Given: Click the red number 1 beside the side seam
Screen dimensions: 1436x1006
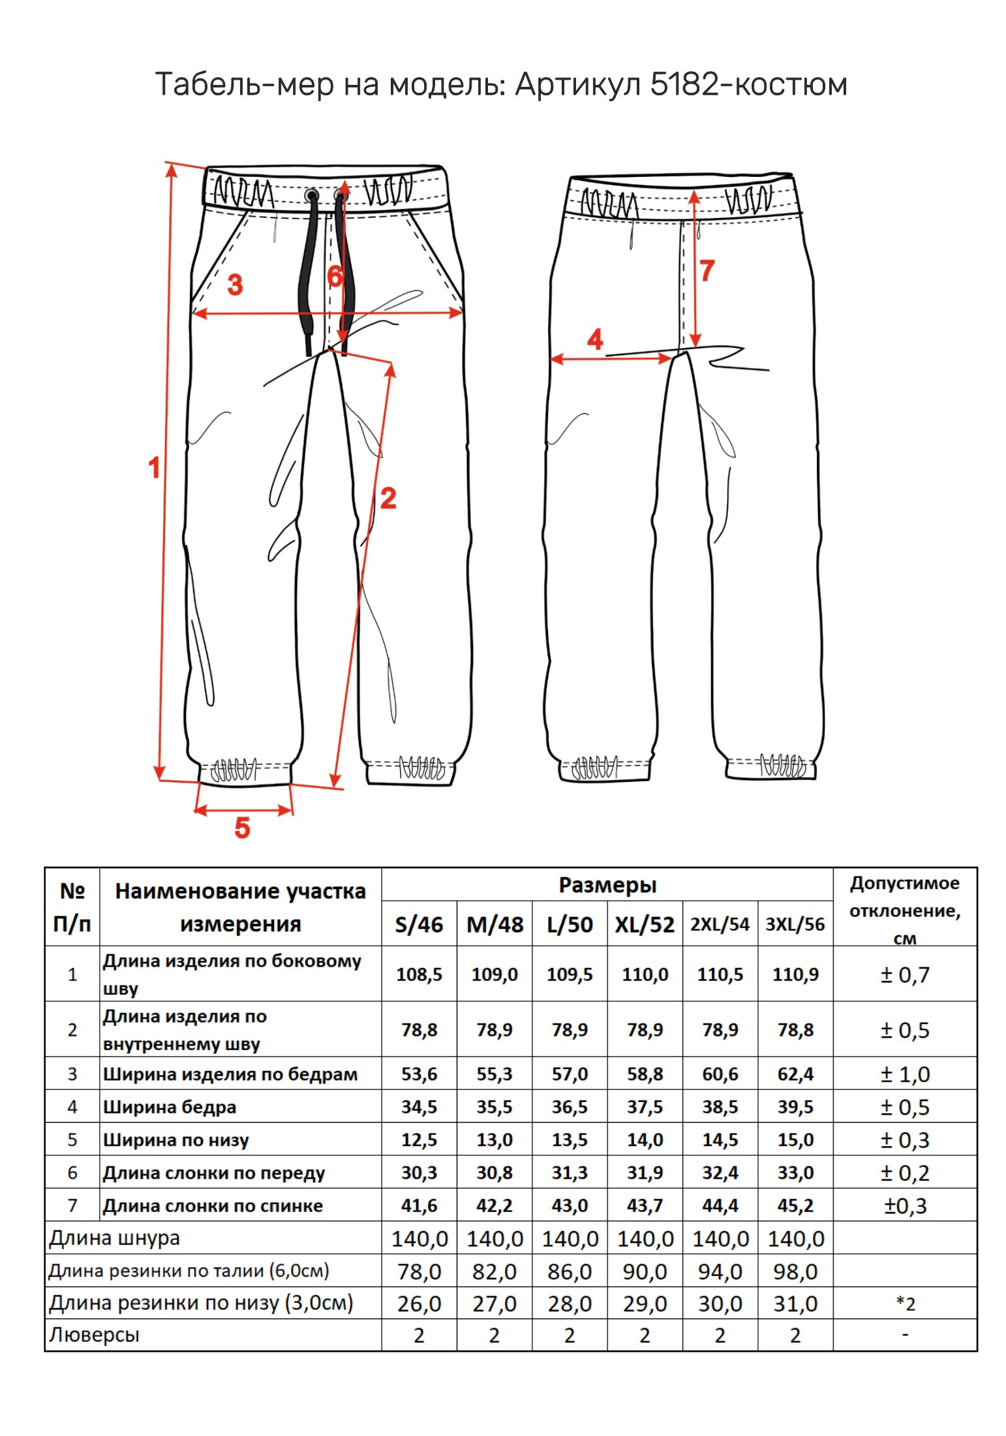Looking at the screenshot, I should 154,467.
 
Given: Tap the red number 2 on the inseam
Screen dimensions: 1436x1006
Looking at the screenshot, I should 388,498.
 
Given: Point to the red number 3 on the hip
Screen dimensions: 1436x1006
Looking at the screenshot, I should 235,285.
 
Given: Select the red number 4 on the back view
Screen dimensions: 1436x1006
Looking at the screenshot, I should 595,339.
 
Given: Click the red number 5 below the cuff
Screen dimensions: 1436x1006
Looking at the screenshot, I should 242,828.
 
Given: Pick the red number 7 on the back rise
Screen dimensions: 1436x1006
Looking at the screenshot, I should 707,270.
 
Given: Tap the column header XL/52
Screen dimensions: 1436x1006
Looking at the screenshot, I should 644,924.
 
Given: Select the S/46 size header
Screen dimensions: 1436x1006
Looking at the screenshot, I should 419,924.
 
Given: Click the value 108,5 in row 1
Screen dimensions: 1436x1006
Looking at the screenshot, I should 419,975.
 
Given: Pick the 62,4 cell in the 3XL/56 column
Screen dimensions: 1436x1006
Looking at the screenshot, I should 795,1074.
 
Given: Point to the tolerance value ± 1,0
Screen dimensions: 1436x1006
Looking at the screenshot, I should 905,1074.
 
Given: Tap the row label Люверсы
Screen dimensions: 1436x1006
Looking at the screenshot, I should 95,1335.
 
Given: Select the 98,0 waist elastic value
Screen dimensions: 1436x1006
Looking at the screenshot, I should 795,1272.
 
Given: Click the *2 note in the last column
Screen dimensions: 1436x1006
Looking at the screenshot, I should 905,1303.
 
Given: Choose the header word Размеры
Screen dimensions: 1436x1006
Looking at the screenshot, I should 607,885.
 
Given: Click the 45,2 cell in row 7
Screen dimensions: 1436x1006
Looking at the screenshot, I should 795,1206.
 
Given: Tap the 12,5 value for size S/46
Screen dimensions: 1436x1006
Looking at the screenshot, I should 419,1140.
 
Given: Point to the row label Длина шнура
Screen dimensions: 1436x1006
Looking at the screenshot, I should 115,1238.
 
